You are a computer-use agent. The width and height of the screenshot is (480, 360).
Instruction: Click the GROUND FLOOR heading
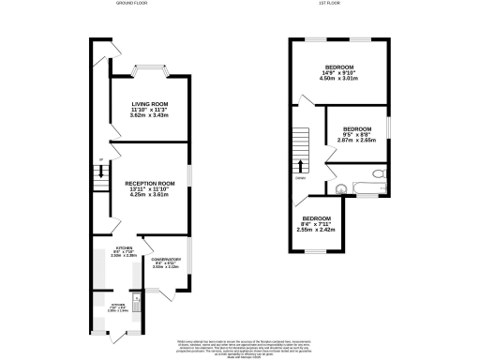point(133,4)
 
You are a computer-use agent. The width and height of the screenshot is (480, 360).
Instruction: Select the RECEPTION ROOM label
point(150,184)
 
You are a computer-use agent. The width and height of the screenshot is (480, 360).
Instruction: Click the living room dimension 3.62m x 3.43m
point(149,114)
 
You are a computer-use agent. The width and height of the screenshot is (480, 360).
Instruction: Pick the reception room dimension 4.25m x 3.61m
point(150,196)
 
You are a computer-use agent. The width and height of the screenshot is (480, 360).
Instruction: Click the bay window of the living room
point(150,67)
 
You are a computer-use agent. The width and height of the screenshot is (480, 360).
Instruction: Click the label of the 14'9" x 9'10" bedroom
point(338,68)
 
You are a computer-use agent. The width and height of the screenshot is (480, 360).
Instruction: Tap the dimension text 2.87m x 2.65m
point(356,141)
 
